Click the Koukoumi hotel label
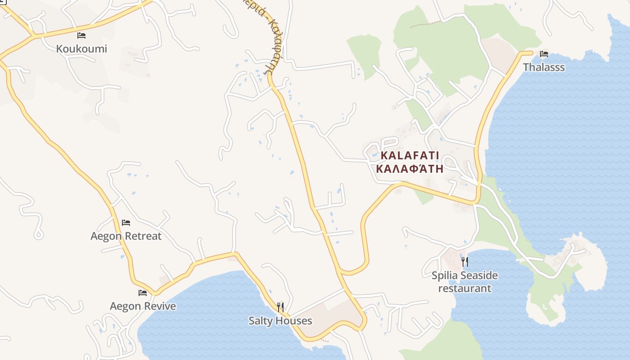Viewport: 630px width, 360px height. click(81, 49)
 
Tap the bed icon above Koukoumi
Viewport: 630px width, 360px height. click(81, 36)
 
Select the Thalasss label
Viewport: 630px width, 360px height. click(544, 67)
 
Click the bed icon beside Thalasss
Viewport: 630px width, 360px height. click(544, 54)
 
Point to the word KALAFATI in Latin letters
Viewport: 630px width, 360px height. click(409, 156)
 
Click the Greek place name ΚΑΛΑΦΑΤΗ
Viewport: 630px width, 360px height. click(409, 169)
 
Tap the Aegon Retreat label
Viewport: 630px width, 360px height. click(126, 236)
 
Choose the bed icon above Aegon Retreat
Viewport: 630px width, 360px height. click(126, 223)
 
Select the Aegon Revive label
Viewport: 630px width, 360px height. click(143, 306)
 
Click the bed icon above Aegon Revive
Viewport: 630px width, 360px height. click(143, 293)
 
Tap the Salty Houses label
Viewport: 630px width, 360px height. click(280, 321)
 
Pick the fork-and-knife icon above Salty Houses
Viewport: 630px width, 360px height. click(280, 307)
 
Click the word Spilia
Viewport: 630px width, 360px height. click(445, 275)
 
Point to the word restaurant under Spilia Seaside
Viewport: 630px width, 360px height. click(465, 288)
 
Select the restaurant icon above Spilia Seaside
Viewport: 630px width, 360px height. click(465, 261)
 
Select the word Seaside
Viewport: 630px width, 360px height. click(479, 275)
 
